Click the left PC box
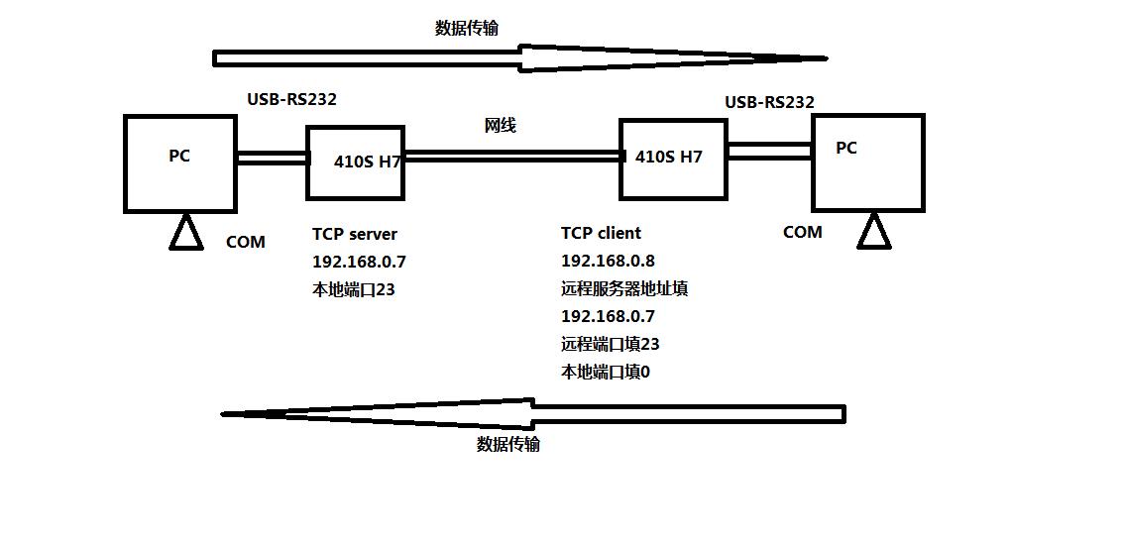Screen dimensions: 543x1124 (179, 163)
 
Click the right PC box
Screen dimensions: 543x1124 (867, 162)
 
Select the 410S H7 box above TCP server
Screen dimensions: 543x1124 (355, 162)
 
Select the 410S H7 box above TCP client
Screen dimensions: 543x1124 (672, 159)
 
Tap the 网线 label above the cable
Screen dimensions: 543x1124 (500, 126)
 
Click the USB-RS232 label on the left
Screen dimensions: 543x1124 (291, 99)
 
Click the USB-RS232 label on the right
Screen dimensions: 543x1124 (769, 102)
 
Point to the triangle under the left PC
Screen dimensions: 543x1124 (185, 234)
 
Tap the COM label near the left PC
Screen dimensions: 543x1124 (245, 242)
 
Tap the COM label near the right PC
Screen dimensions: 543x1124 (802, 232)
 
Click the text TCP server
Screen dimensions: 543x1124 (354, 234)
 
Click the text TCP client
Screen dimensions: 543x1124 (601, 233)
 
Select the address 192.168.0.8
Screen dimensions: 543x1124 (608, 261)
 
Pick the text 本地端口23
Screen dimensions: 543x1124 (353, 289)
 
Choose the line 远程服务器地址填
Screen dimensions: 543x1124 (623, 288)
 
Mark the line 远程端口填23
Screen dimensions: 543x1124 (610, 344)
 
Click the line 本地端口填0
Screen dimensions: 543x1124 (605, 372)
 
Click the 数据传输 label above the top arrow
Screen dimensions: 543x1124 (466, 28)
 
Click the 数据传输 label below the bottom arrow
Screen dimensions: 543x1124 (507, 444)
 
